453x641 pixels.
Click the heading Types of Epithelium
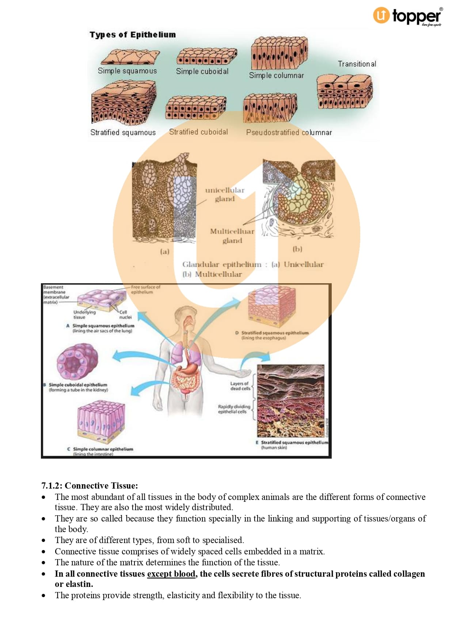pos(133,35)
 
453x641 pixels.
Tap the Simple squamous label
pos(127,71)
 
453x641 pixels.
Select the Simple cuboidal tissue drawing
pos(206,57)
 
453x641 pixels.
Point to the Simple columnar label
pos(276,75)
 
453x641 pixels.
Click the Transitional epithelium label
pos(357,64)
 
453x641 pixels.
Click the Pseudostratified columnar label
pos(289,132)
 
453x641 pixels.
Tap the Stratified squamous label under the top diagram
pos(123,132)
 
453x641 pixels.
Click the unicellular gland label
pos(224,194)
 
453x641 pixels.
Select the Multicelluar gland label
pos(232,236)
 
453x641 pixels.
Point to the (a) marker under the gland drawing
pos(165,251)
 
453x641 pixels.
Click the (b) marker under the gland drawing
pos(297,249)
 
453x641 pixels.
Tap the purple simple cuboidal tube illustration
pos(77,362)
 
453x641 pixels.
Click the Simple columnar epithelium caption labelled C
pos(103,449)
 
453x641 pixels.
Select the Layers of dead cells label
pos(240,386)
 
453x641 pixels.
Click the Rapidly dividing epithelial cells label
pos(234,409)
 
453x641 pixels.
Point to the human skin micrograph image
pos(290,401)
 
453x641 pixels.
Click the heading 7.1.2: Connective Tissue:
pos(90,486)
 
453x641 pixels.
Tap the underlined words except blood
pos(171,574)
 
